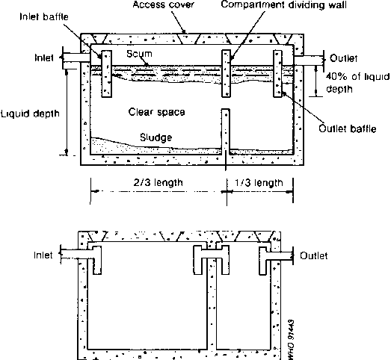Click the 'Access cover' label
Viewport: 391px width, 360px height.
click(x=163, y=4)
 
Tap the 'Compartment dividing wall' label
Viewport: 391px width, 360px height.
click(x=284, y=4)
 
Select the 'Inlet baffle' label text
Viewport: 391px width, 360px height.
click(x=44, y=16)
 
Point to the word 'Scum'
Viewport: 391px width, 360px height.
click(x=139, y=54)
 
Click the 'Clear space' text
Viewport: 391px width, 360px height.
click(x=156, y=112)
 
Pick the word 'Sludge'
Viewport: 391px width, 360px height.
click(x=156, y=137)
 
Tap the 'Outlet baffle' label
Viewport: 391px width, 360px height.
click(x=348, y=128)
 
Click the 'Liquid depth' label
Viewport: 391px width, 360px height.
click(x=30, y=114)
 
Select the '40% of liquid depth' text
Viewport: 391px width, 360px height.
click(x=357, y=83)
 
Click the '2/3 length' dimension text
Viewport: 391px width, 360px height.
click(x=158, y=183)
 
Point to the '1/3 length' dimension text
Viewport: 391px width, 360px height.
click(x=259, y=183)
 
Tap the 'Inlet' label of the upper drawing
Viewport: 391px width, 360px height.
click(x=44, y=58)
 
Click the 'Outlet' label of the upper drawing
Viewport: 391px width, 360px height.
click(x=343, y=58)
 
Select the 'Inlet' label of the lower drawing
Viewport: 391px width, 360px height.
click(x=43, y=255)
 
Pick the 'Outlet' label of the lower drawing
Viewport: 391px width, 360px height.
click(x=314, y=255)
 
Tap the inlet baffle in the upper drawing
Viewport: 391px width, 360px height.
click(x=106, y=74)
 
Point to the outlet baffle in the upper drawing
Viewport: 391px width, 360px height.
click(x=278, y=73)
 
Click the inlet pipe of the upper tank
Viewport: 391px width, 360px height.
click(x=76, y=58)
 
